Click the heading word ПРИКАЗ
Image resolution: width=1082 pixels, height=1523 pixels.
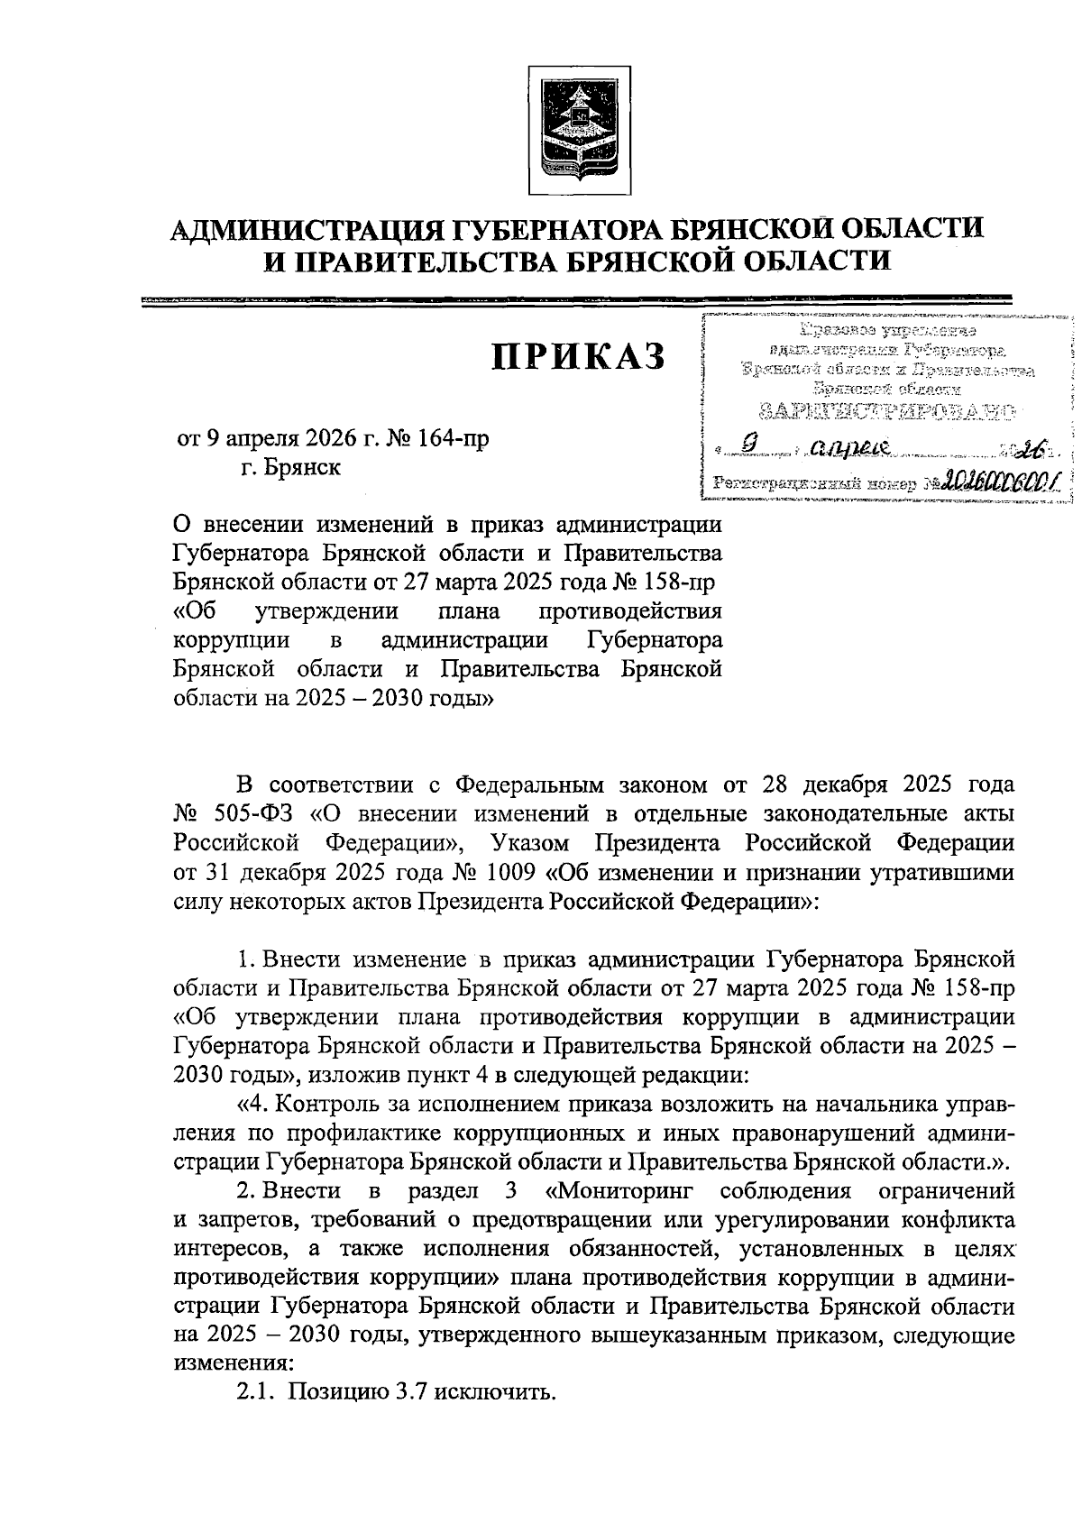[x=578, y=357]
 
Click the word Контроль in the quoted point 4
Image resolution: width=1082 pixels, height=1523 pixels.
[x=334, y=1104]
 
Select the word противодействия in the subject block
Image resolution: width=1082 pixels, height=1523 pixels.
[x=629, y=611]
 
